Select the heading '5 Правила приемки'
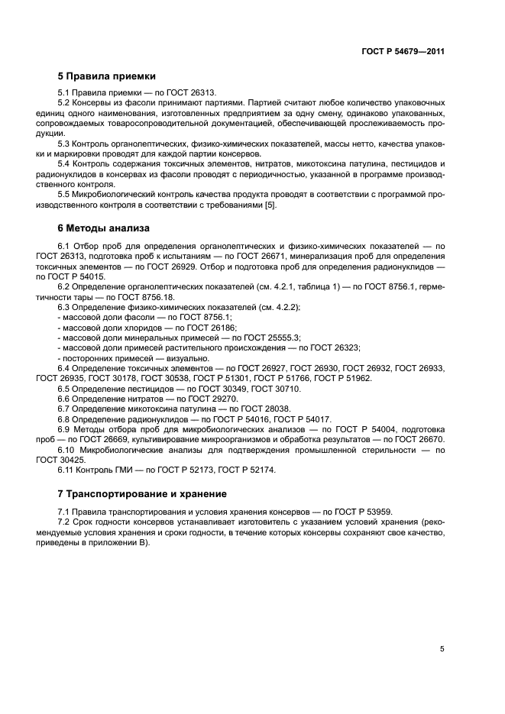(107, 76)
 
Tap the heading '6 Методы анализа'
(105, 228)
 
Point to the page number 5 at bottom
(442, 649)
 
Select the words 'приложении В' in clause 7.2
(122, 542)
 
